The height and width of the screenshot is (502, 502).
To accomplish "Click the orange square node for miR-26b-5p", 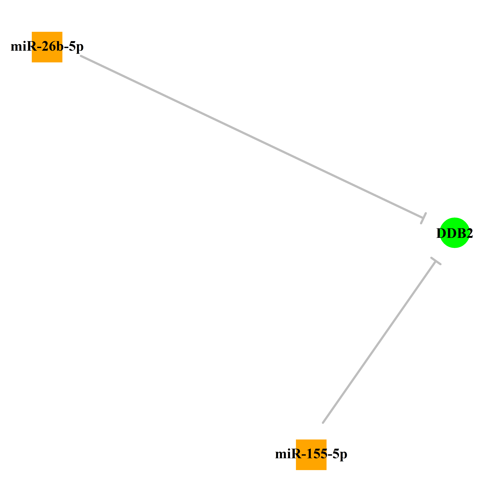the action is (47, 47).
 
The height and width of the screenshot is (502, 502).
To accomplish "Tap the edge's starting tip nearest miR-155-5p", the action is (323, 423).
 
